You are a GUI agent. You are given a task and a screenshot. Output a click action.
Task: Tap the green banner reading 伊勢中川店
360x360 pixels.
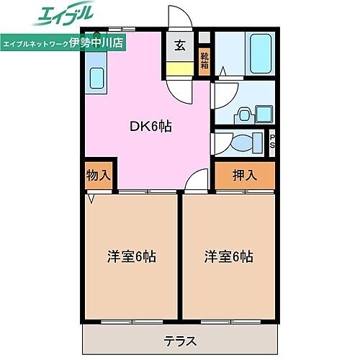coord(63,42)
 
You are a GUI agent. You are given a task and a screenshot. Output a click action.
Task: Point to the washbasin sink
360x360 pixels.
coord(245,113)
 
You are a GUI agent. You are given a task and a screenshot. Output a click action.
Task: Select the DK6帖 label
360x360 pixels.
coord(150,125)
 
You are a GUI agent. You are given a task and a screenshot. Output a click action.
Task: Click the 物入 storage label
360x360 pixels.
coord(98,176)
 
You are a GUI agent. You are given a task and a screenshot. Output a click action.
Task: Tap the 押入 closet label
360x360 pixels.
coord(245,174)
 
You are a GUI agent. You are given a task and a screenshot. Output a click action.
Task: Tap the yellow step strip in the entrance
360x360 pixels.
coord(179,69)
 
